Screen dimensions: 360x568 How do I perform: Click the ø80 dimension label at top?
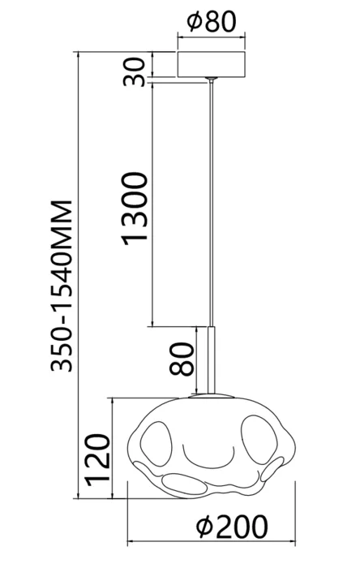[x=212, y=21]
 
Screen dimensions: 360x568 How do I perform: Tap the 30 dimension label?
[x=135, y=71]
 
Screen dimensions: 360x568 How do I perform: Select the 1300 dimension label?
[x=135, y=209]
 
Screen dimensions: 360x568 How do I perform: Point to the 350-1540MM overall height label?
[x=62, y=286]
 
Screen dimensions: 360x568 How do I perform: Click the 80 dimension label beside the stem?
[x=182, y=359]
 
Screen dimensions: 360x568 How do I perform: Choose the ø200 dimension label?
[x=232, y=527]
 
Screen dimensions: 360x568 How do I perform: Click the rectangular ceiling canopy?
[x=212, y=64]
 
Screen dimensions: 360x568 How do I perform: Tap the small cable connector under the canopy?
[x=211, y=80]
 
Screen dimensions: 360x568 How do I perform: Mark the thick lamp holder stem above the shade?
[x=212, y=359]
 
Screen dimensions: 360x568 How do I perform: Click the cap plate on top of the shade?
[x=212, y=396]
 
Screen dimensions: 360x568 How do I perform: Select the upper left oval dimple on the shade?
[x=156, y=443]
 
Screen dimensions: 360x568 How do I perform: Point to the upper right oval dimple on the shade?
[x=259, y=440]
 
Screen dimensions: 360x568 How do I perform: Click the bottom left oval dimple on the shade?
[x=185, y=484]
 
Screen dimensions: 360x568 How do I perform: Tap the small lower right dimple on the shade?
[x=272, y=469]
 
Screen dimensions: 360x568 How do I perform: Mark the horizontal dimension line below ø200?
[x=212, y=542]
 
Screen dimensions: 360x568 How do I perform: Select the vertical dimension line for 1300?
[x=152, y=204]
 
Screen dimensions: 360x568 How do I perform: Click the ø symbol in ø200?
[x=204, y=527]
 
